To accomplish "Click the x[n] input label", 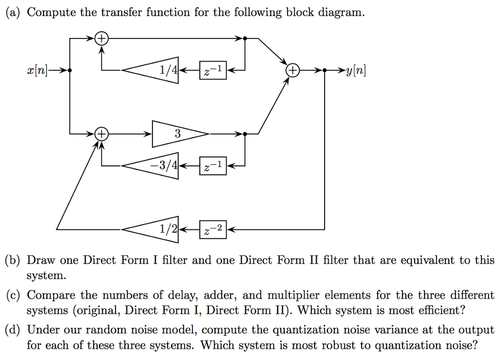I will tap(38, 71).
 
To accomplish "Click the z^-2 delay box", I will tap(213, 229).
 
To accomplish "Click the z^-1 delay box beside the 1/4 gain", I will tap(213, 71).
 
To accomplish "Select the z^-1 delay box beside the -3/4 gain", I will tap(213, 166).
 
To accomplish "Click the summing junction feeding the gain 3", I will tap(101, 133).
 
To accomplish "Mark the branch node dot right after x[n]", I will tap(70, 71).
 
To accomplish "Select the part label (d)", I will tap(13, 330).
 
